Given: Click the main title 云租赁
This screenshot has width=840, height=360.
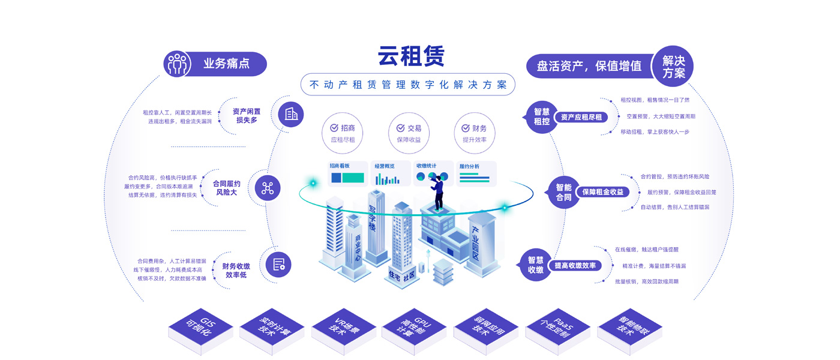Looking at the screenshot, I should tap(411, 56).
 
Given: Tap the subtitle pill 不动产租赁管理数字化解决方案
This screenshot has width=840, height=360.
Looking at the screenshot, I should tap(408, 85).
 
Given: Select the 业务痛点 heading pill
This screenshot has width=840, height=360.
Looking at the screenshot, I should tap(215, 64).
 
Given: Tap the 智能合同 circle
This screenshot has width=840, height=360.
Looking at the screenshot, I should tap(563, 192).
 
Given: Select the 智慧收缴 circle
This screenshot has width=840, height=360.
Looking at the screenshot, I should tap(535, 265).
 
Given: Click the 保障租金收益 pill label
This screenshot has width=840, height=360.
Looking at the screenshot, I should tap(602, 192).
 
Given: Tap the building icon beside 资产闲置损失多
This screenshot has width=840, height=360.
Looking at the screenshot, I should tap(291, 114).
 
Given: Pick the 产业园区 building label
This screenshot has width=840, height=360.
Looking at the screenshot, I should tap(479, 244).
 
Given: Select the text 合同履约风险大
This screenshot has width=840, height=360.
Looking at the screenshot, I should tap(227, 188).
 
